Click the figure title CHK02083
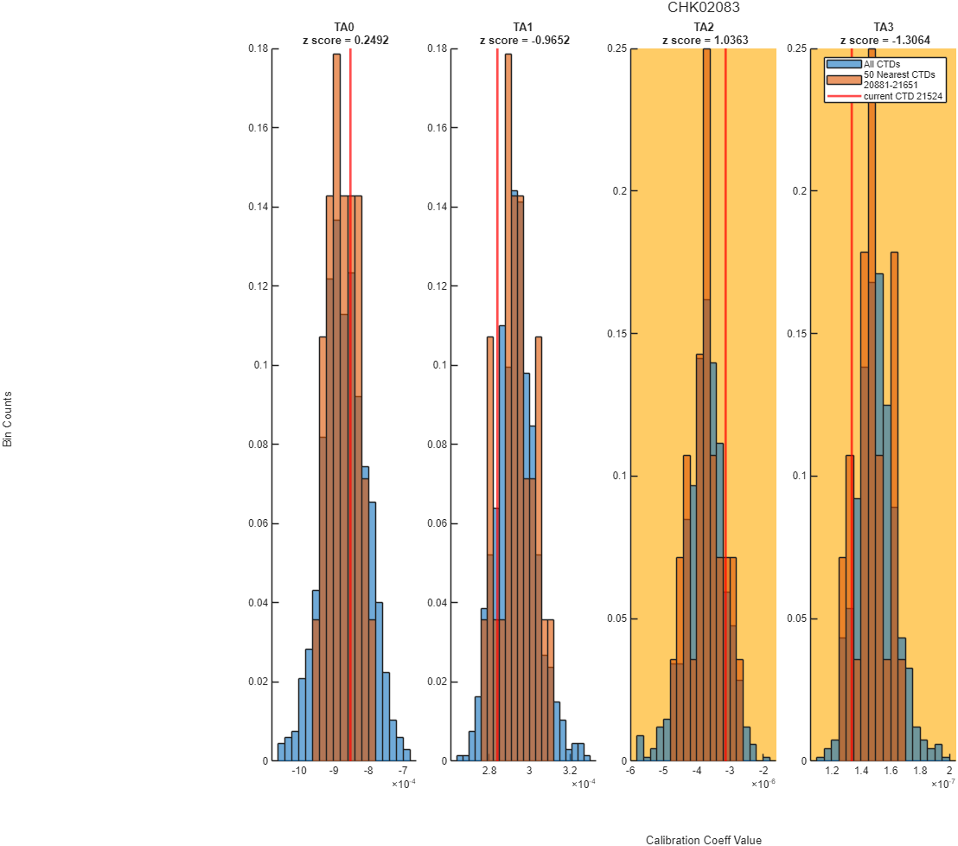pyautogui.click(x=703, y=7)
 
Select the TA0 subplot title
pyautogui.click(x=344, y=27)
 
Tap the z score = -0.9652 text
pyautogui.click(x=525, y=41)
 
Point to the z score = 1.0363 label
pyautogui.click(x=705, y=41)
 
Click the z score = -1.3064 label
pyautogui.click(x=885, y=41)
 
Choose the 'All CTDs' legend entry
pyautogui.click(x=882, y=64)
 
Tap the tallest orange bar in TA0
pyautogui.click(x=336, y=407)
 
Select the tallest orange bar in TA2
pyautogui.click(x=707, y=405)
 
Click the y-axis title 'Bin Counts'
pyautogui.click(x=7, y=420)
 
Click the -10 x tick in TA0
pyautogui.click(x=299, y=771)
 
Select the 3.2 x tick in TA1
pyautogui.click(x=570, y=771)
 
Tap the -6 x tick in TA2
pyautogui.click(x=630, y=771)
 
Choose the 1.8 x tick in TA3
pyautogui.click(x=920, y=771)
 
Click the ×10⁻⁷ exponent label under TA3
pyautogui.click(x=942, y=784)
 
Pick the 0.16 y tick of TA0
pyautogui.click(x=259, y=128)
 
